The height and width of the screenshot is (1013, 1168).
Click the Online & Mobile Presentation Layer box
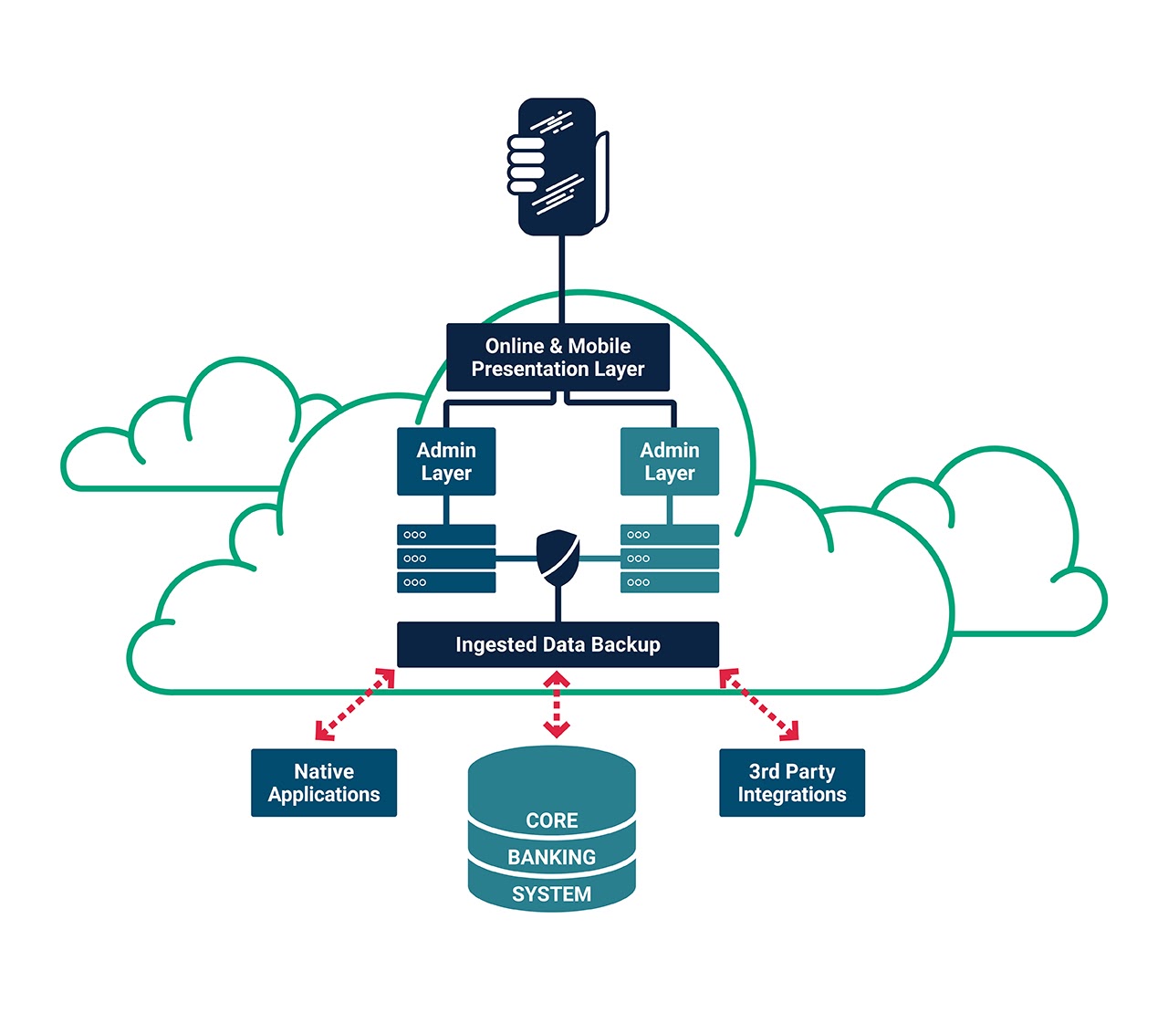click(x=558, y=357)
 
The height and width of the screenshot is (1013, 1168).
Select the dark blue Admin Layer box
click(x=446, y=462)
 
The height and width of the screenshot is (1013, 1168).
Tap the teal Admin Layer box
click(x=670, y=462)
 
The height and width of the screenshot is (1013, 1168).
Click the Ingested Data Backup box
click(x=558, y=644)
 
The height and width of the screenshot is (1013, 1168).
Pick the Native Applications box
click(x=324, y=783)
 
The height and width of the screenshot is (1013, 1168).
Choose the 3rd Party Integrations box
click(x=791, y=783)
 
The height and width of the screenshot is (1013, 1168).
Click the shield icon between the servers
click(x=558, y=557)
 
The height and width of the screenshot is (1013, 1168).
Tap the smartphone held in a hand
click(x=558, y=166)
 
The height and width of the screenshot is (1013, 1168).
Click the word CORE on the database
click(x=552, y=820)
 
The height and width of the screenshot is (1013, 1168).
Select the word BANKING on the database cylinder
click(x=552, y=858)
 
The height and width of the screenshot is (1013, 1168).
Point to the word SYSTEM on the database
click(x=552, y=894)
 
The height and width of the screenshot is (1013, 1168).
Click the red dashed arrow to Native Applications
click(x=355, y=704)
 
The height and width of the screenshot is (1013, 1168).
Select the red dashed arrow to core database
click(x=557, y=704)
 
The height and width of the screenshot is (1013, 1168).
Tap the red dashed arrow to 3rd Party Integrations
click(x=759, y=704)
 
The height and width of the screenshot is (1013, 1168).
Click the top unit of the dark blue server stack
click(x=446, y=535)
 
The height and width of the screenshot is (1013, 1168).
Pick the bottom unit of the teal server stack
click(x=670, y=582)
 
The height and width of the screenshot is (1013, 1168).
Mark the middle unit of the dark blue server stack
click(x=446, y=559)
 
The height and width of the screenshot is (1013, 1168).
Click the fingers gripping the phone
click(x=525, y=164)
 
